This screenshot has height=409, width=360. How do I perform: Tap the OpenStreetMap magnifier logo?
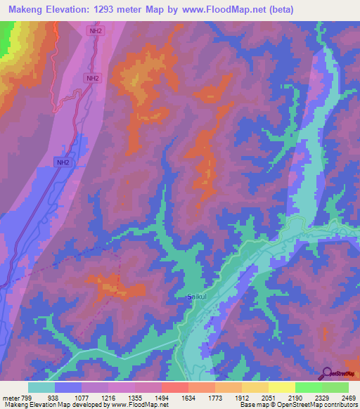tap(326, 374)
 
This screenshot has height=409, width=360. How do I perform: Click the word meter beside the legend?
tap(12, 396)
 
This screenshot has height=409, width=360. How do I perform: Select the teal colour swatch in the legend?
tap(41, 387)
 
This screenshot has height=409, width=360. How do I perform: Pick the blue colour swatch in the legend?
tap(68, 387)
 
